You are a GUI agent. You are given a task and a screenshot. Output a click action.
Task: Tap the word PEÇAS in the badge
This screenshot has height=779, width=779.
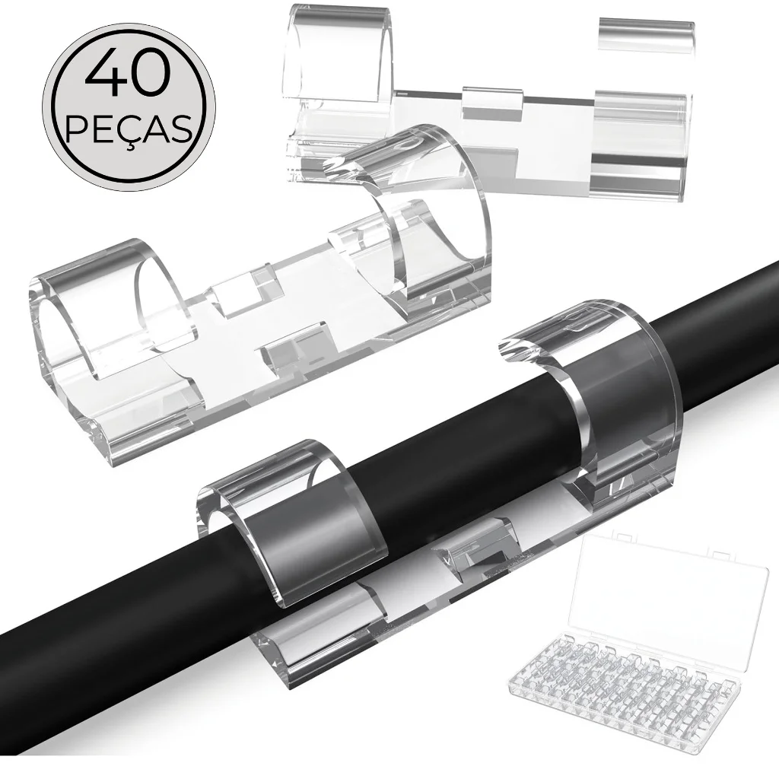click(129, 129)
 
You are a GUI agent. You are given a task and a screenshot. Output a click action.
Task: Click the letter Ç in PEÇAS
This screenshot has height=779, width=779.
click(129, 132)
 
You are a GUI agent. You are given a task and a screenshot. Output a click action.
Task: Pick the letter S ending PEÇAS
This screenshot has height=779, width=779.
click(180, 129)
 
